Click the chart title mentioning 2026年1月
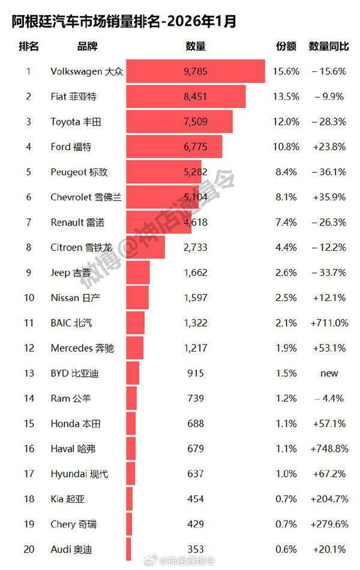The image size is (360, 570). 124,22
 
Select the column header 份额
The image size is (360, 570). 286,46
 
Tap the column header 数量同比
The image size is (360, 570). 329,46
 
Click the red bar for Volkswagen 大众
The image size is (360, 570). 195,71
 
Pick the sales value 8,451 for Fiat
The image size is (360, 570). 195,97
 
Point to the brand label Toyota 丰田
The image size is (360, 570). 76,122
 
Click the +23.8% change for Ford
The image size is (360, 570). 329,147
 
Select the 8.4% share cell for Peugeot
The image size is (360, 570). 286,172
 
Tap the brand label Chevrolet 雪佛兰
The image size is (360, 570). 86,197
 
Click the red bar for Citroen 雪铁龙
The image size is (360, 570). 145,247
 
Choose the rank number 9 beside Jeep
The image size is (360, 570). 28,272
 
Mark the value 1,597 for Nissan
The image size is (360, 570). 195,298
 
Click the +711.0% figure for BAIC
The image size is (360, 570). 329,323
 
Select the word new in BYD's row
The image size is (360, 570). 329,373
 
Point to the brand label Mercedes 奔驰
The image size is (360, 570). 82,348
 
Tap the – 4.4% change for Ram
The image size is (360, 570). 329,398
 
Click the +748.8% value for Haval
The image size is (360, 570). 329,449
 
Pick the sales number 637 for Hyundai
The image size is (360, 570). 195,474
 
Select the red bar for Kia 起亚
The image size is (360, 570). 129,499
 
